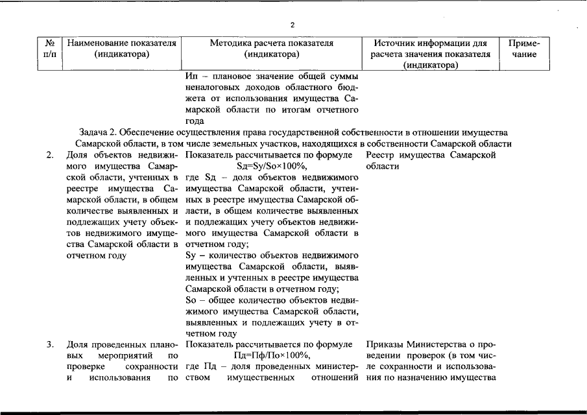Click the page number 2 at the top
[293, 25]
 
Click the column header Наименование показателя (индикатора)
[122, 49]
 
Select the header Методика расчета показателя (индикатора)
[272, 49]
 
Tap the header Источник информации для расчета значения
[430, 54]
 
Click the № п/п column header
[49, 49]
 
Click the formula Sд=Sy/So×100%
[272, 167]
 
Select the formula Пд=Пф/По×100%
[272, 355]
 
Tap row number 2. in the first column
[50, 156]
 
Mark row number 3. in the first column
[50, 344]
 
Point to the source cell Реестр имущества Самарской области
[430, 161]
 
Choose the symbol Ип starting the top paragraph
[191, 78]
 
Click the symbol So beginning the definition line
[191, 300]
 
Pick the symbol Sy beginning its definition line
[191, 255]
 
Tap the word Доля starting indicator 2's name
[78, 156]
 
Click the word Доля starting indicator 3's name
[78, 344]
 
